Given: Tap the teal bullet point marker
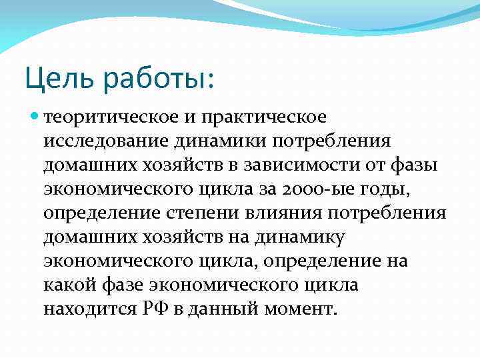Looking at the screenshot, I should [x=35, y=117].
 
